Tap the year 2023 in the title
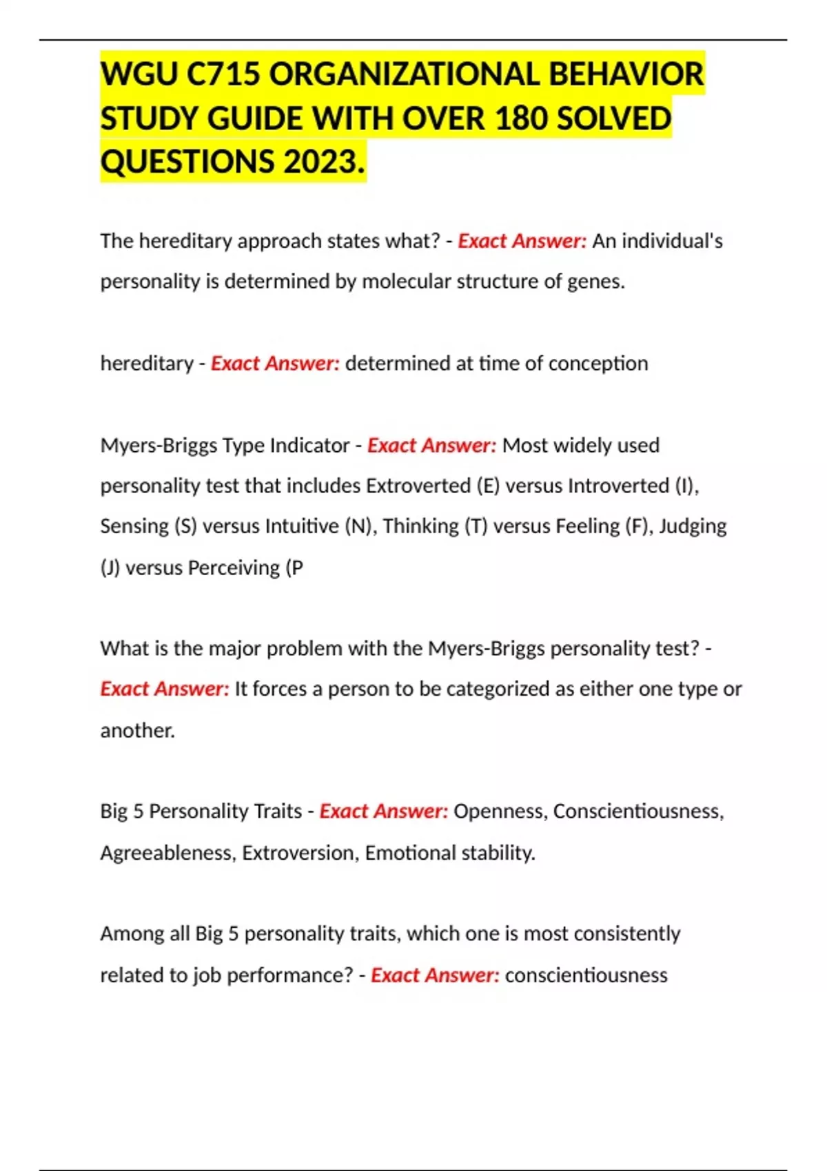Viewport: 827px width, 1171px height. (320, 163)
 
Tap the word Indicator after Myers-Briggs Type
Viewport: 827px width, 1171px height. (309, 446)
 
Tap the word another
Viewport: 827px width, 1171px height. (137, 730)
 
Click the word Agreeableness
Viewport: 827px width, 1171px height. (168, 853)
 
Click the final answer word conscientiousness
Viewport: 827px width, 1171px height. (586, 975)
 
